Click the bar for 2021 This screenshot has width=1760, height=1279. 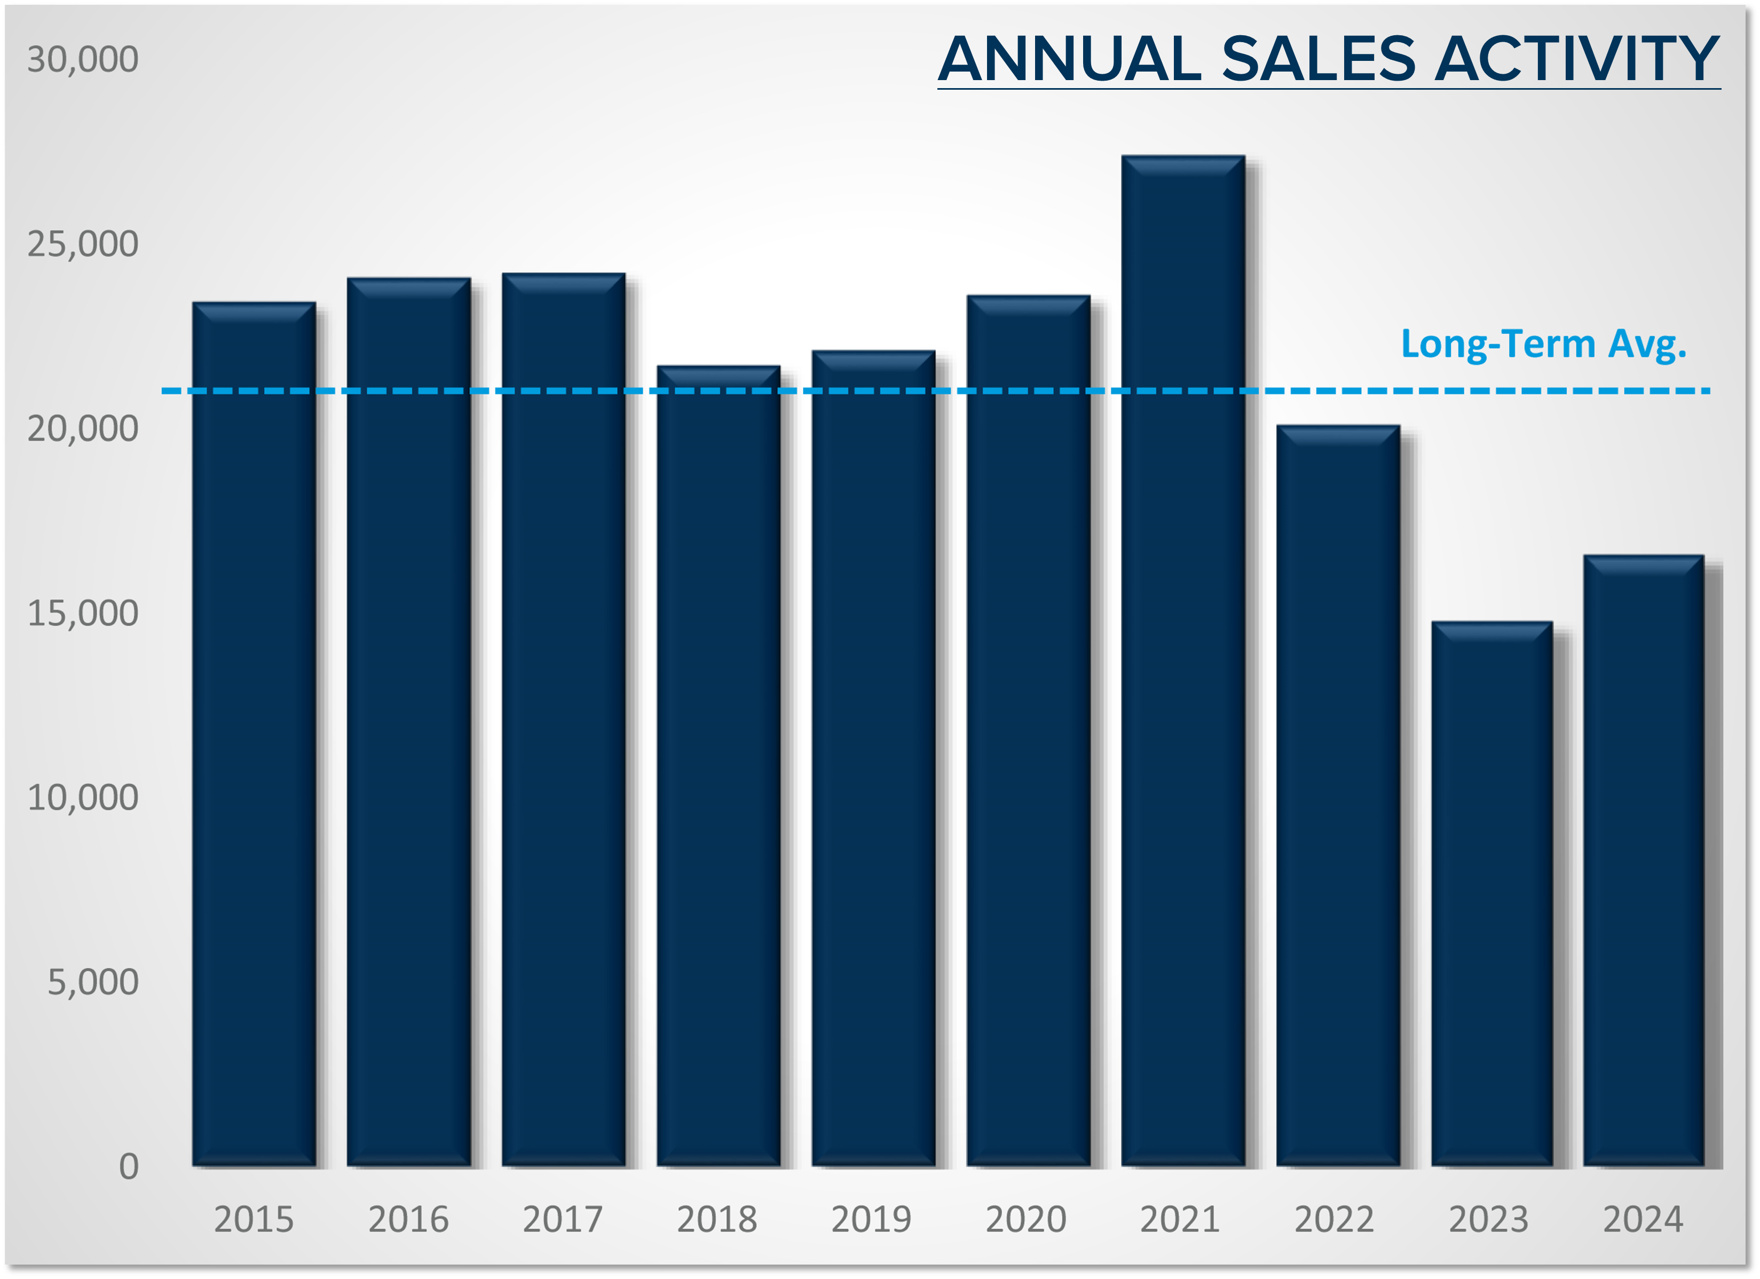click(1182, 660)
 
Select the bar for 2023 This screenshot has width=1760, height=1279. click(1491, 892)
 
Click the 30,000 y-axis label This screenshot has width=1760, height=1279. click(82, 60)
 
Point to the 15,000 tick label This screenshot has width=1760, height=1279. click(82, 613)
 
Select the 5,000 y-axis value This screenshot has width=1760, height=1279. click(92, 982)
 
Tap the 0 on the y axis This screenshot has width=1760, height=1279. click(129, 1166)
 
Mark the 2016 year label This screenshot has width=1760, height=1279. click(408, 1219)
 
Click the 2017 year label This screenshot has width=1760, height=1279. click(563, 1219)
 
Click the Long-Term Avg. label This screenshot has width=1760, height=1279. click(1543, 344)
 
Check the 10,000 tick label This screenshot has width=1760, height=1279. click(82, 798)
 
